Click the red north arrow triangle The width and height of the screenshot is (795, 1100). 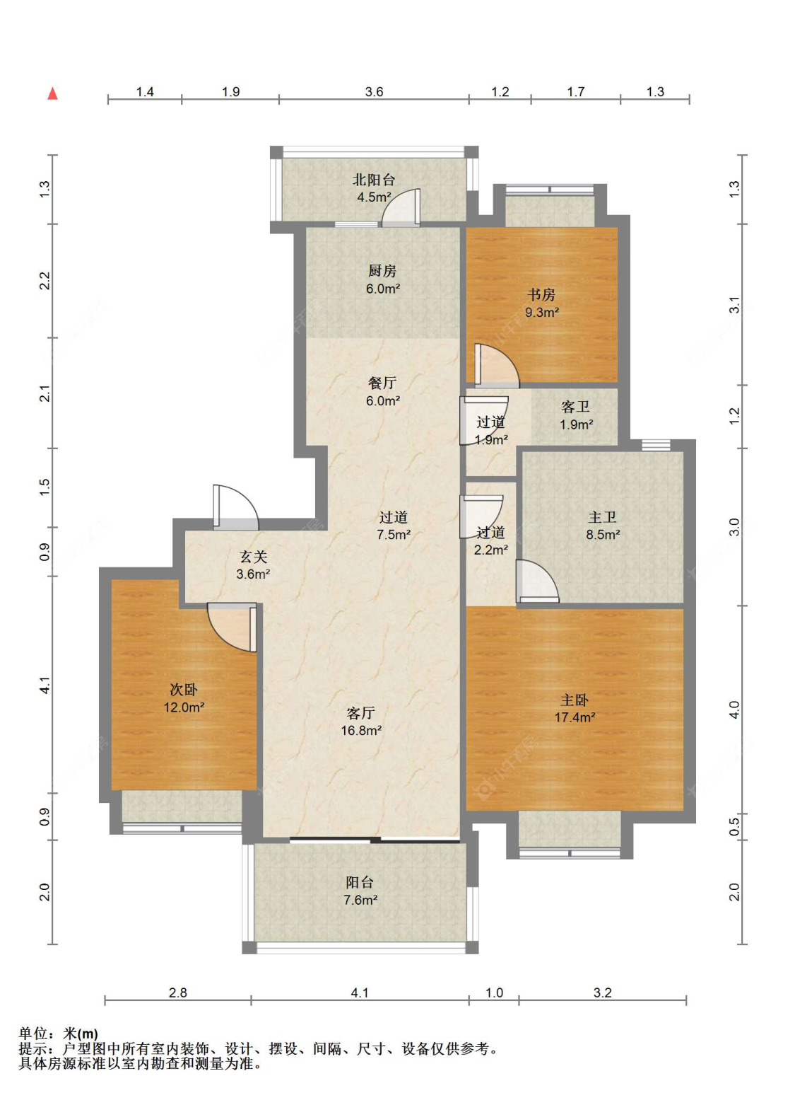(52, 93)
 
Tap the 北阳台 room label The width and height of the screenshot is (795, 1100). (374, 180)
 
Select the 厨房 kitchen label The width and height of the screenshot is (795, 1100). (382, 271)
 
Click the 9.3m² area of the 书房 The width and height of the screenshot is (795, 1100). (542, 313)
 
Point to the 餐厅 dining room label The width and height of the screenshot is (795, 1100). (382, 383)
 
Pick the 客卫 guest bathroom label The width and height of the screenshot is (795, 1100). (576, 407)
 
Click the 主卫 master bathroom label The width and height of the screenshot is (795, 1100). (603, 517)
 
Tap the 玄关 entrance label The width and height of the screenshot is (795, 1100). (254, 557)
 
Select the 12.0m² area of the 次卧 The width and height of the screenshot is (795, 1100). (184, 707)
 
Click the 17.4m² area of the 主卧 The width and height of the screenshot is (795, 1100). (575, 717)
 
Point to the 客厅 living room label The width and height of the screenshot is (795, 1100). (361, 713)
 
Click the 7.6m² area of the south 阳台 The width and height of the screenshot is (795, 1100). (360, 900)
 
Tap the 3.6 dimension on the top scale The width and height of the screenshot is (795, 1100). (374, 92)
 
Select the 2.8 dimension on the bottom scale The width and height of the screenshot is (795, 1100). (177, 993)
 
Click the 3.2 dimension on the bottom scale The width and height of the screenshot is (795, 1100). (603, 993)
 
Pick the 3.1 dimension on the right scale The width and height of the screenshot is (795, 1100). (734, 305)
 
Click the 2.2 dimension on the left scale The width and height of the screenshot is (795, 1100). (45, 281)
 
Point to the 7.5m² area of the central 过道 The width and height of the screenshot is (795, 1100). (394, 534)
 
